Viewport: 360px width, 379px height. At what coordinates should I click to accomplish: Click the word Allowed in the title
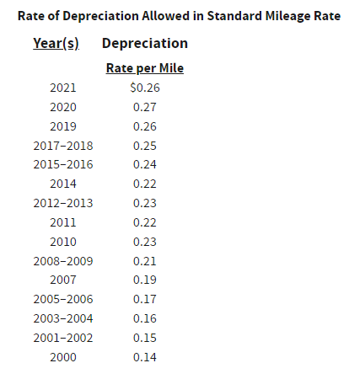pyautogui.click(x=165, y=16)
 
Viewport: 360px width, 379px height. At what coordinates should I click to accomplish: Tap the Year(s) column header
pyautogui.click(x=56, y=44)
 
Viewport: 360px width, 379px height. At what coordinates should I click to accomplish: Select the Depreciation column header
pyautogui.click(x=145, y=44)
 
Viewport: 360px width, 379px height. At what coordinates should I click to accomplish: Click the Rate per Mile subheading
pyautogui.click(x=145, y=68)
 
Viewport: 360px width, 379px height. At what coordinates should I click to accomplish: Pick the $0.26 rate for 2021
pyautogui.click(x=145, y=88)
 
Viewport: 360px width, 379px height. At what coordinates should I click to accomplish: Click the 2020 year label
pyautogui.click(x=63, y=107)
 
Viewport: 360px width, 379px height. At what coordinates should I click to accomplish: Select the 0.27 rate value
pyautogui.click(x=145, y=107)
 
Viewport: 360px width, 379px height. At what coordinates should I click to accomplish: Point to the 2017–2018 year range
pyautogui.click(x=63, y=146)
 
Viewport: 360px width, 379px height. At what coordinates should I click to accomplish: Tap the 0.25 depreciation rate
pyautogui.click(x=145, y=146)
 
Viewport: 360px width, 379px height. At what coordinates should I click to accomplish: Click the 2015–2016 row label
pyautogui.click(x=63, y=164)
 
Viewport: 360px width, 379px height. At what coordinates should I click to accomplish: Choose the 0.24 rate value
pyautogui.click(x=145, y=164)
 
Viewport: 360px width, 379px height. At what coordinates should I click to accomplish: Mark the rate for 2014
pyautogui.click(x=145, y=184)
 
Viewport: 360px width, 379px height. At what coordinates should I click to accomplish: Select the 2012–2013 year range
pyautogui.click(x=63, y=203)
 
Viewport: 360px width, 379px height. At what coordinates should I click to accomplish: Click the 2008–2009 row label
pyautogui.click(x=63, y=261)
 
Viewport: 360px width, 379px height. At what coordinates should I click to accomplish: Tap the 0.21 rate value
pyautogui.click(x=145, y=261)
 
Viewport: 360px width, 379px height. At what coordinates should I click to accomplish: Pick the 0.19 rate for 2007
pyautogui.click(x=145, y=280)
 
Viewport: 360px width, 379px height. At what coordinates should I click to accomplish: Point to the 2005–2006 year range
pyautogui.click(x=63, y=299)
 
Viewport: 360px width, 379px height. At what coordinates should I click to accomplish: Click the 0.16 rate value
pyautogui.click(x=145, y=318)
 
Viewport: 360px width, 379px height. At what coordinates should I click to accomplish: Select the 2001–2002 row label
pyautogui.click(x=63, y=338)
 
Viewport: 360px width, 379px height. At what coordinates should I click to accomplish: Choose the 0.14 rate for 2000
pyautogui.click(x=145, y=357)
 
